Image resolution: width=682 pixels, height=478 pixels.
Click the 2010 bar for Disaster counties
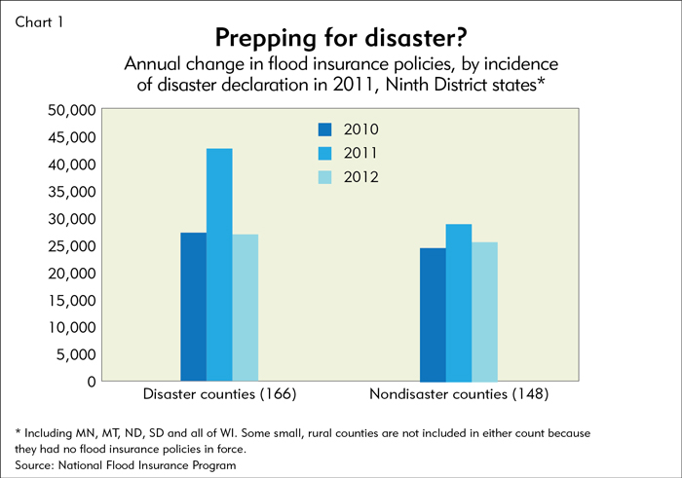(x=193, y=307)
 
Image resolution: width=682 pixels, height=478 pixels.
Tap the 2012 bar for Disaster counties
(x=246, y=308)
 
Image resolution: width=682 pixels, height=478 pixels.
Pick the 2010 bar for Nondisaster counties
(x=433, y=314)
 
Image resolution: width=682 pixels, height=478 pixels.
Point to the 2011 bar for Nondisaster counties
(x=459, y=303)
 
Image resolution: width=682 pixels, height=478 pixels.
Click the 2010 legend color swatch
(x=324, y=129)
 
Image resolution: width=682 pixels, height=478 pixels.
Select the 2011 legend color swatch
(x=324, y=153)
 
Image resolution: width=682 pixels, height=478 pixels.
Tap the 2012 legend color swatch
(x=324, y=176)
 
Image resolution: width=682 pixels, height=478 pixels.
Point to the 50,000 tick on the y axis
(x=72, y=110)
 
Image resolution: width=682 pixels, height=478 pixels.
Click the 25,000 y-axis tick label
(x=72, y=246)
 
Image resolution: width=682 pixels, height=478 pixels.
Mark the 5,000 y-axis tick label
(x=76, y=354)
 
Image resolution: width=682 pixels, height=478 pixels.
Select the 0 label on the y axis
(x=91, y=382)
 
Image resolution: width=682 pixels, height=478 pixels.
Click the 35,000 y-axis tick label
(x=72, y=192)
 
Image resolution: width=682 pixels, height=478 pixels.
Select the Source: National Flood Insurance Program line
(x=126, y=466)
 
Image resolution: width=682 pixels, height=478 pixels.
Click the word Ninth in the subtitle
(x=387, y=86)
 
